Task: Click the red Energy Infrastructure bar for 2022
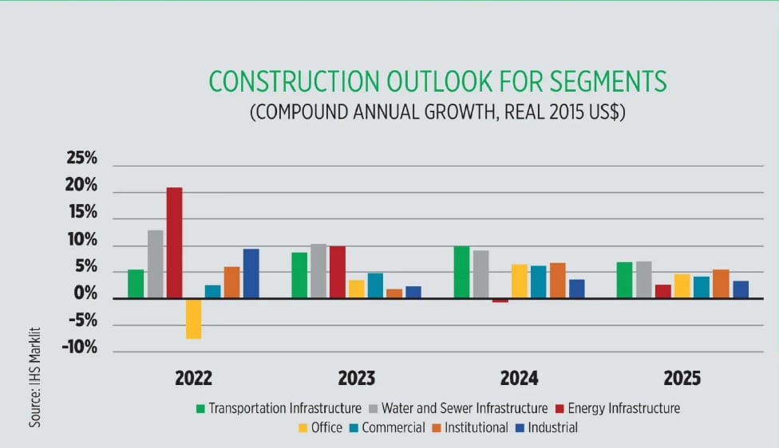pyautogui.click(x=174, y=242)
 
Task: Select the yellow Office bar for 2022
pyautogui.click(x=193, y=318)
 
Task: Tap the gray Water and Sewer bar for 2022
pyautogui.click(x=155, y=264)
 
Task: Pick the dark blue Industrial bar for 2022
pyautogui.click(x=251, y=273)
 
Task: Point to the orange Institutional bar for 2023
pyautogui.click(x=394, y=293)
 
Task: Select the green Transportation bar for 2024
pyautogui.click(x=461, y=272)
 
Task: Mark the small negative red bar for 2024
pyautogui.click(x=500, y=301)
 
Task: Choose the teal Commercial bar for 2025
pyautogui.click(x=701, y=287)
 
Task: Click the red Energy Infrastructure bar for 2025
pyautogui.click(x=662, y=291)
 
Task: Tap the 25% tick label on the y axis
pyautogui.click(x=81, y=159)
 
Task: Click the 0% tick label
pyautogui.click(x=85, y=294)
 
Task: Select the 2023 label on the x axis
pyautogui.click(x=355, y=377)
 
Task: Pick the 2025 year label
pyautogui.click(x=681, y=377)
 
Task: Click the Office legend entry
pyautogui.click(x=320, y=427)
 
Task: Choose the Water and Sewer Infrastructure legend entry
pyautogui.click(x=464, y=408)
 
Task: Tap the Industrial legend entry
pyautogui.click(x=552, y=427)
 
